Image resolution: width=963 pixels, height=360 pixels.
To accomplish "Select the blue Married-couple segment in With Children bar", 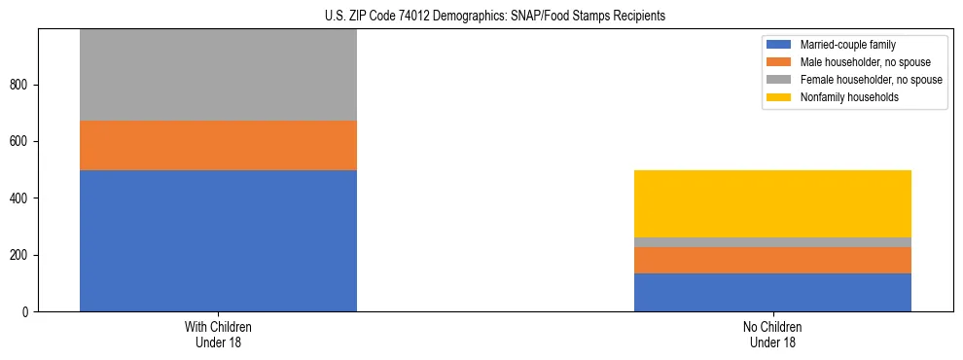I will (x=218, y=240).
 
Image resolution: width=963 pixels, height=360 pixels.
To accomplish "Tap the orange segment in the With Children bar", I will (x=218, y=145).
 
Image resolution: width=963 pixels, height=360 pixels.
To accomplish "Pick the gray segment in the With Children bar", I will (x=218, y=75).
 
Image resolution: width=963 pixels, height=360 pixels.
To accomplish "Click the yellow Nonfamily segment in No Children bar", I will (x=772, y=203).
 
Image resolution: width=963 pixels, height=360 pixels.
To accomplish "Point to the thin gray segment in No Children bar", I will (x=772, y=242).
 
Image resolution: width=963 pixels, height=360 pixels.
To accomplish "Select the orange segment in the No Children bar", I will (x=772, y=260).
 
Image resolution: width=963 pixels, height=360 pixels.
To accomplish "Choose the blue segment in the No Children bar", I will (x=772, y=292).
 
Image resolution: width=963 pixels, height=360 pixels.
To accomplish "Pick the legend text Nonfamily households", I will (x=842, y=97).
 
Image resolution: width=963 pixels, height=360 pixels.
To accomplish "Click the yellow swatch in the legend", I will (x=779, y=97).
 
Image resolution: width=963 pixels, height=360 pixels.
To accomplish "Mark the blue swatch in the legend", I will (x=779, y=45).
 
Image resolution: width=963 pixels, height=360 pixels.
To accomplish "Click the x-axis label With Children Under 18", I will (x=218, y=334).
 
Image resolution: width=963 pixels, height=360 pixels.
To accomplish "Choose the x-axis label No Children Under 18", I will (x=772, y=334).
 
